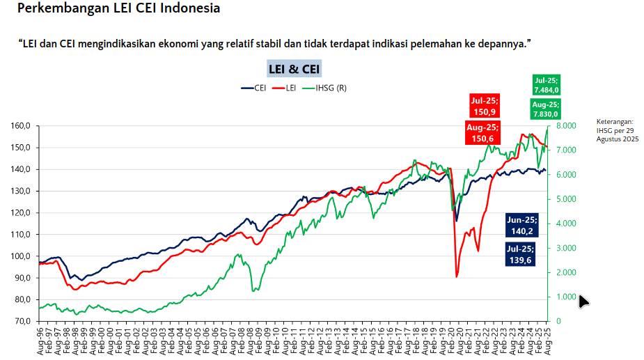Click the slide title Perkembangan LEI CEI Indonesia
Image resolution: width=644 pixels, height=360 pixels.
pos(118,9)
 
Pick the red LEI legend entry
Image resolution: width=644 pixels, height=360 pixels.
pos(285,88)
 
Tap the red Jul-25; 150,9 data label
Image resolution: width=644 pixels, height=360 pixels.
pos(484,106)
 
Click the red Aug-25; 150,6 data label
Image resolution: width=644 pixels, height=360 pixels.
pos(482,132)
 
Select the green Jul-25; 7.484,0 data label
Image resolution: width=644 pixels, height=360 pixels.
pos(547,84)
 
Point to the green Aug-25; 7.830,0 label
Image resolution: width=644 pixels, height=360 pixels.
pos(546,109)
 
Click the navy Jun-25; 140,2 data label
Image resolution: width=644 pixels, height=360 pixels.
pos(522,224)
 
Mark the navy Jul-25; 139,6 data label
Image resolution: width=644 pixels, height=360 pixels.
pos(522,254)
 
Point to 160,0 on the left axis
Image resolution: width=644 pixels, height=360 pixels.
pos(20,126)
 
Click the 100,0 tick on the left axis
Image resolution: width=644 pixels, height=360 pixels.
pos(20,256)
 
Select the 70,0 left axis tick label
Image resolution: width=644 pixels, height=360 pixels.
pos(22,322)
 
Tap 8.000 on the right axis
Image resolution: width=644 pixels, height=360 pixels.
pos(567,126)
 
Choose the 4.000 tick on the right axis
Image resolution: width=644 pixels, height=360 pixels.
pos(567,224)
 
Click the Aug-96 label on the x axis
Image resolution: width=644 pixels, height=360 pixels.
pos(41,341)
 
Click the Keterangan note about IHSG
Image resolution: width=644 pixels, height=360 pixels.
pos(617,130)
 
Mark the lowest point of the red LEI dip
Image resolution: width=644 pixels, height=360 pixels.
pos(457,277)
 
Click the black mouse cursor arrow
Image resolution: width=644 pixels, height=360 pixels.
pos(583,300)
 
